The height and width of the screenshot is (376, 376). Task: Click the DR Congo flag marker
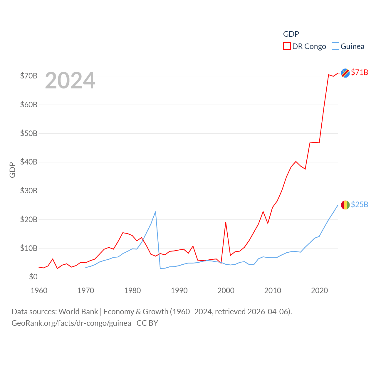coord(345,73)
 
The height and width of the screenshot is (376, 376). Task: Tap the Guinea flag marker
coord(345,205)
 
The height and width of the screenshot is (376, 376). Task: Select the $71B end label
coord(360,72)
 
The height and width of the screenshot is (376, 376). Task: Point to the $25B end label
coord(360,204)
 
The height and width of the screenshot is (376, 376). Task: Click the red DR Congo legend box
coord(287,46)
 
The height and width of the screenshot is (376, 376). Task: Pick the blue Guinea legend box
coord(335,46)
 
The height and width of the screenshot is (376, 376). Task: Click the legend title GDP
coord(291,34)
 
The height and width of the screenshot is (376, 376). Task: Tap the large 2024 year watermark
coord(70,80)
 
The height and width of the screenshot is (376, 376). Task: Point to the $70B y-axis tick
coord(29,76)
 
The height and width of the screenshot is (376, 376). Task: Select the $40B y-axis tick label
coord(29,162)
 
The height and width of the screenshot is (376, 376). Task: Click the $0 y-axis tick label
coord(33,277)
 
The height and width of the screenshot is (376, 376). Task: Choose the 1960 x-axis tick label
coord(39,291)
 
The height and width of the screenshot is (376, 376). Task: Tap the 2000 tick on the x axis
coord(226,291)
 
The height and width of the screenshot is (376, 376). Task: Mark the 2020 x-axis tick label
coord(319,291)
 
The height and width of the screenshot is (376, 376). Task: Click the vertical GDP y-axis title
coord(12,170)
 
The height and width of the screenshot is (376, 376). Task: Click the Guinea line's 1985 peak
coord(155,212)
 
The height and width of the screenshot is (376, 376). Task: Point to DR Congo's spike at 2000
coord(226,222)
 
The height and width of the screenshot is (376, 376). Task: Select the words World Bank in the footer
coord(78,311)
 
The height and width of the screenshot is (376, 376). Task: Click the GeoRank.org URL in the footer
coord(71,323)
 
